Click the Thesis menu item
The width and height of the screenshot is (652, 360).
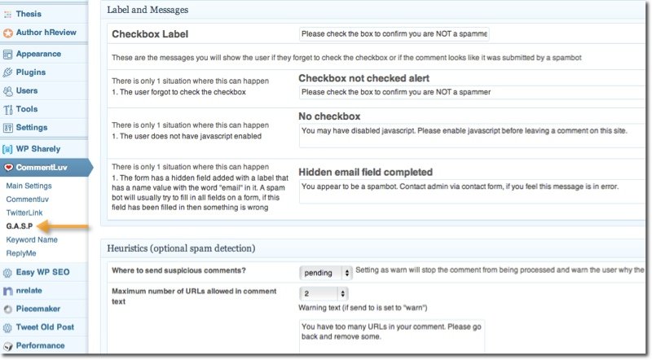tap(29, 14)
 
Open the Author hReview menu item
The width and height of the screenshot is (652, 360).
tap(44, 33)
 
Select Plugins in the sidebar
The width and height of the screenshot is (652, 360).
tap(31, 72)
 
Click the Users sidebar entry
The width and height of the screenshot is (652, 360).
tap(27, 90)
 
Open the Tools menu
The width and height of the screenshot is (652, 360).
tap(26, 109)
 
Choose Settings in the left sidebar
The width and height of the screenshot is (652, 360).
tap(31, 128)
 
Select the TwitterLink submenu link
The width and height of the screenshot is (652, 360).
tap(24, 212)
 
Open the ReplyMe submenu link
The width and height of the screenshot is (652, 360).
tap(23, 253)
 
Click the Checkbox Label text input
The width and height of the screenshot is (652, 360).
tap(394, 34)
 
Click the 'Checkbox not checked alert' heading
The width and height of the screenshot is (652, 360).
tap(363, 78)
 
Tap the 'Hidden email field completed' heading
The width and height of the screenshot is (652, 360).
tap(365, 172)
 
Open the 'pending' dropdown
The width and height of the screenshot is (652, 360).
tap(325, 273)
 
